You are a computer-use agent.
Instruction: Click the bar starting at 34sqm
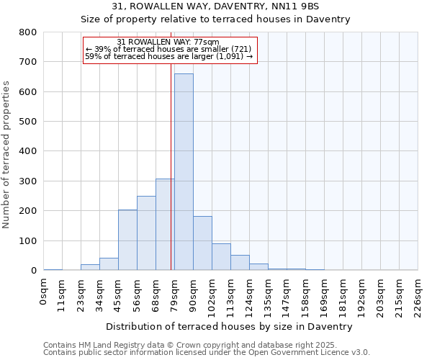tap(109, 264)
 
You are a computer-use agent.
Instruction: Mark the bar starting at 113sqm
tap(240, 263)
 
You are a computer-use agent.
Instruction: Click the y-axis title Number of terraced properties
tap(7, 155)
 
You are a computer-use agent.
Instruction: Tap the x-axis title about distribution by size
tap(230, 327)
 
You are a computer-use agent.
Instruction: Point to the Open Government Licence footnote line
tap(207, 353)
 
